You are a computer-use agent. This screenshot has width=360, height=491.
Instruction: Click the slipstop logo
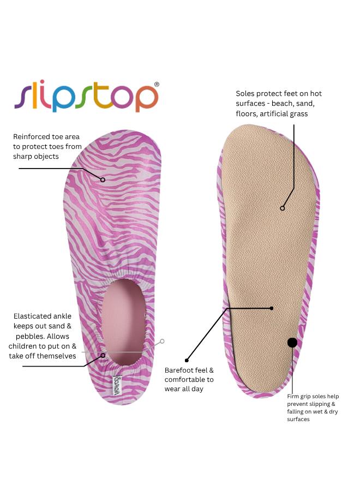[x=86, y=97]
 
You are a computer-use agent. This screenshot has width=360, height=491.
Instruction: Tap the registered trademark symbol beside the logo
[x=157, y=84]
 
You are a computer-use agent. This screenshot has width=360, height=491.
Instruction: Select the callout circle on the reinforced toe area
[x=103, y=179]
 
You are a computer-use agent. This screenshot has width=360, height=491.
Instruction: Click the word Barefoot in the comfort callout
[x=178, y=370]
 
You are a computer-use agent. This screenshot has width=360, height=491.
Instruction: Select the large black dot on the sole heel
[x=292, y=343]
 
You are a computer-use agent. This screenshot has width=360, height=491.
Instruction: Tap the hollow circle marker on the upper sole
[x=283, y=208]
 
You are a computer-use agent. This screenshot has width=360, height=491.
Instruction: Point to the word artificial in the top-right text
[x=272, y=113]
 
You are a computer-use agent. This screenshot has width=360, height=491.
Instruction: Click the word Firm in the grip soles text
[x=292, y=397]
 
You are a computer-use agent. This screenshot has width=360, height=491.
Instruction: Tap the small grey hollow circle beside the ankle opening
[x=162, y=342]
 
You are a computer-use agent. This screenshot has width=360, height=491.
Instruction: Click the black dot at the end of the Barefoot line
[x=187, y=361]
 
